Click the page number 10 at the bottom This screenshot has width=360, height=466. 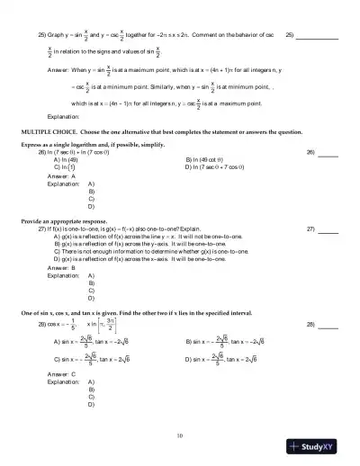click(180, 435)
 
